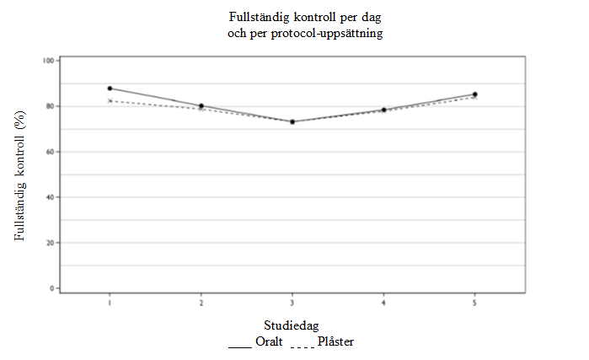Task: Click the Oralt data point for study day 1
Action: point(110,88)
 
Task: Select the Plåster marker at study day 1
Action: point(110,100)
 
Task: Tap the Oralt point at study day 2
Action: point(201,106)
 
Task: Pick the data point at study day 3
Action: point(292,121)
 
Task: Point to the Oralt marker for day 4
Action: point(383,110)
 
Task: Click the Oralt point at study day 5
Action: point(474,94)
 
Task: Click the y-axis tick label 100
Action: point(50,61)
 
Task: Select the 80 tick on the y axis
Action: point(51,106)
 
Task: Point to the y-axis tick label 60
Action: point(51,152)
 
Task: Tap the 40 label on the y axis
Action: point(51,197)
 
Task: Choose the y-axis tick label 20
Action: point(51,243)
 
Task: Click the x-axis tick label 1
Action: point(110,302)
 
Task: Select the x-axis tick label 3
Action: point(292,302)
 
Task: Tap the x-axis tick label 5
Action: point(474,302)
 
